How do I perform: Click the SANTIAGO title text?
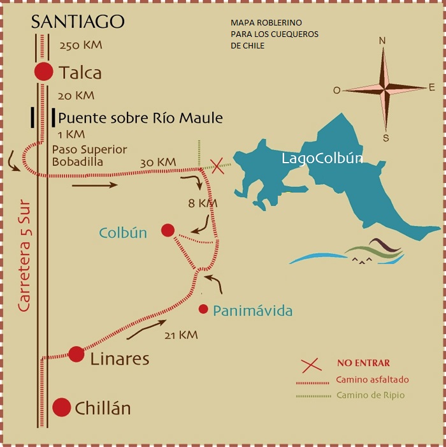[x=78, y=22]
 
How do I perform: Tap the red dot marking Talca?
[x=43, y=71]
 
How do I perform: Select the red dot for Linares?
[x=76, y=354]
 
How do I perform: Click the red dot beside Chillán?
[x=61, y=406]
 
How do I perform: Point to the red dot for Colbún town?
[x=168, y=230]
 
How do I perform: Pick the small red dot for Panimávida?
[x=203, y=309]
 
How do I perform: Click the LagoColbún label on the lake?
[x=322, y=159]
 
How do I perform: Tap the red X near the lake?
[x=217, y=166]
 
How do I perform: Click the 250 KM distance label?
[x=80, y=46]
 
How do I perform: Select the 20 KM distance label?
[x=75, y=96]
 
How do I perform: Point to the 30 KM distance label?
[x=157, y=163]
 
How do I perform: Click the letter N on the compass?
[x=382, y=41]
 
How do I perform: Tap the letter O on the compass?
[x=336, y=90]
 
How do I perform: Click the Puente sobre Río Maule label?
[x=140, y=118]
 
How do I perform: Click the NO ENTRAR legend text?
[x=363, y=363]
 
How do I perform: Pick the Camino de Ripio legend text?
[x=370, y=395]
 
